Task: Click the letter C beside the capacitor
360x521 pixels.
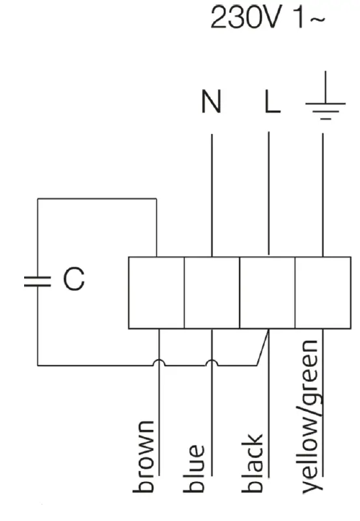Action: pos(74,280)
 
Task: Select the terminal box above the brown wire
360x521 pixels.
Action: pos(156,293)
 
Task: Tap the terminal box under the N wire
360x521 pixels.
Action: pos(212,293)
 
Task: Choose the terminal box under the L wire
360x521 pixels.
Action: pos(268,293)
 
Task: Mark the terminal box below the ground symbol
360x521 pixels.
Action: pos(323,293)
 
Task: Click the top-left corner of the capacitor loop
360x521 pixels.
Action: pos(37,199)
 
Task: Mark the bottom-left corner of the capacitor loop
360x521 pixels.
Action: pos(37,364)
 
